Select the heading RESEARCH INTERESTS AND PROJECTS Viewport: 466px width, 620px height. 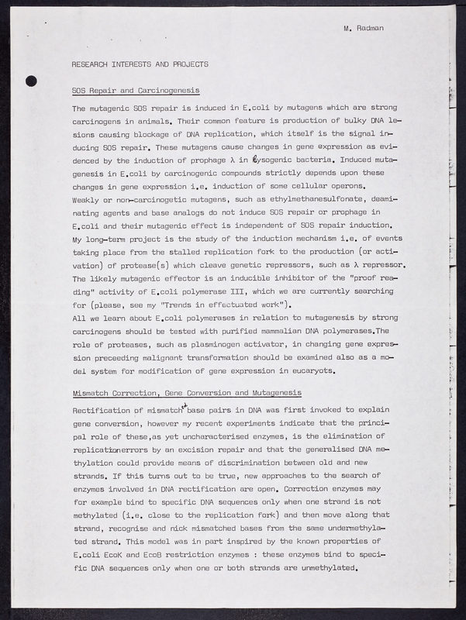140,64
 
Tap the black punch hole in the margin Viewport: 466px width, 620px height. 31,80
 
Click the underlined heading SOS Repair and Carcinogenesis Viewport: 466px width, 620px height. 136,91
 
